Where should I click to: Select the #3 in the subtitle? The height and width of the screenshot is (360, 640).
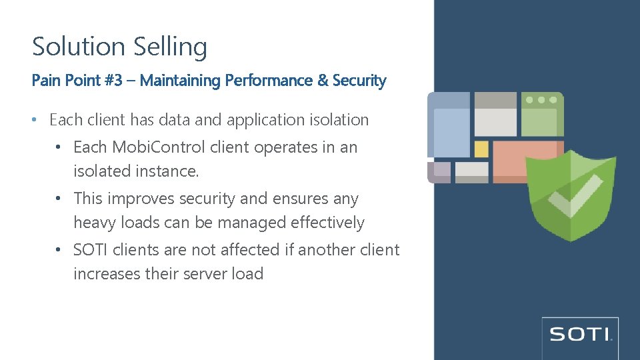click(x=113, y=81)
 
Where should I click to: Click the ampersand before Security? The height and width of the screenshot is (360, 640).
click(x=323, y=81)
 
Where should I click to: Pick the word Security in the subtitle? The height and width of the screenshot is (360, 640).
click(x=359, y=81)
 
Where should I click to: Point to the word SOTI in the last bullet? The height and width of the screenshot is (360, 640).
click(x=91, y=250)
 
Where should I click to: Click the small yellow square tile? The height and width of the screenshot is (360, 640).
click(x=481, y=149)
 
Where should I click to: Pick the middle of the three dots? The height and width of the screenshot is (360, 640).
click(x=541, y=100)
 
